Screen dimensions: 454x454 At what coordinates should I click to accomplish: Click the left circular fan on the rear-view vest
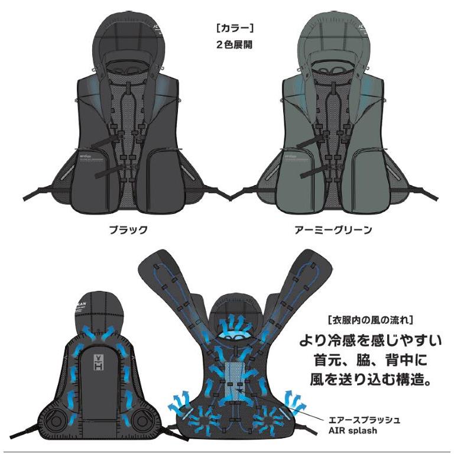(x=57, y=421)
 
